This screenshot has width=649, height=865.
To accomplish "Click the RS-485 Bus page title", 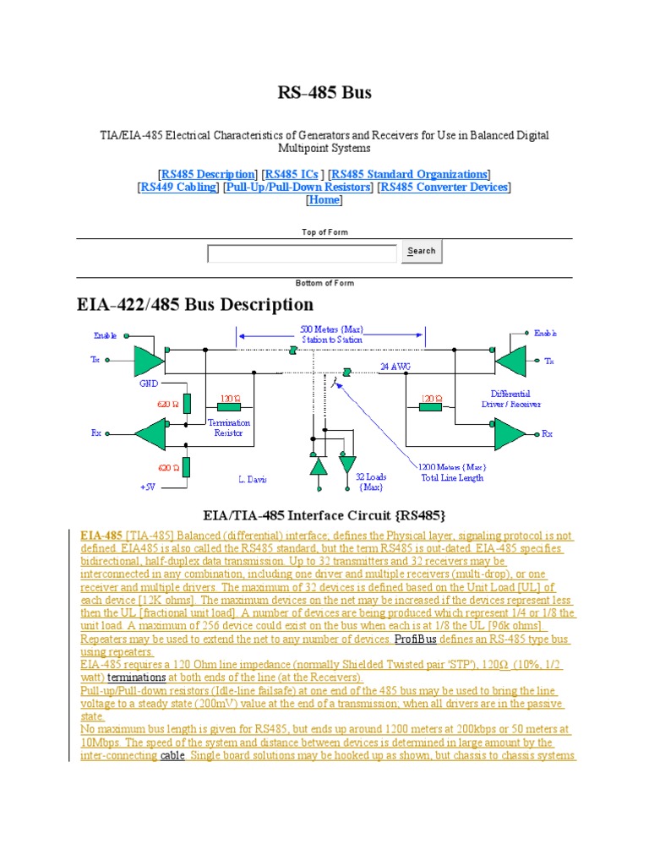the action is tap(324, 92).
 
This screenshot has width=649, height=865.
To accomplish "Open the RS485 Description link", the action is tap(207, 174).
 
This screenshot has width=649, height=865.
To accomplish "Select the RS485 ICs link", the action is tap(292, 174).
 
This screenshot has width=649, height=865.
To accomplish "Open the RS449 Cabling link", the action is tap(178, 187).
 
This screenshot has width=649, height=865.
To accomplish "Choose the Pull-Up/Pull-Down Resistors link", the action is tap(298, 187).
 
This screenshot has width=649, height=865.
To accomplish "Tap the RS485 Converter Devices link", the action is tap(444, 187).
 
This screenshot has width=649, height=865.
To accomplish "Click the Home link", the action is tap(324, 200).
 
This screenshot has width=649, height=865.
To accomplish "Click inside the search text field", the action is tap(302, 253).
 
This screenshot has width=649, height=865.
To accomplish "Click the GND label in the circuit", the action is tap(149, 383).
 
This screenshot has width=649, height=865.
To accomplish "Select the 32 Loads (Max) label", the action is tap(370, 482).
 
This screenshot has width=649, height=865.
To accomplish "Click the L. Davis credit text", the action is tap(253, 479).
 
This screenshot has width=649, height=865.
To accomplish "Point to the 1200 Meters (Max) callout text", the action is tap(453, 467).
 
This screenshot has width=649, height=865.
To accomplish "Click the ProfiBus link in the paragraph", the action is tap(416, 639).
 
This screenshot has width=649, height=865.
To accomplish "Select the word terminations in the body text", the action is tap(137, 677).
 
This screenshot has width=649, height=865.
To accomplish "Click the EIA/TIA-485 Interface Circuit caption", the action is tap(324, 514).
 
